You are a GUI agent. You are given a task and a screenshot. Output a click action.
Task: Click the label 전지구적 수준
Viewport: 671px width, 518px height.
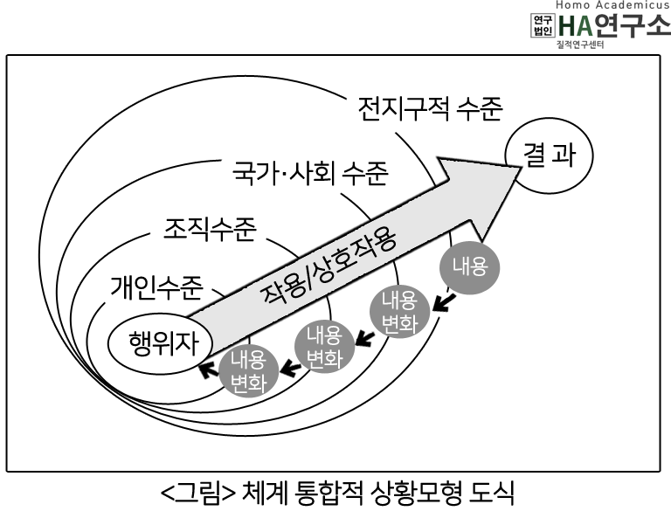pos(430,108)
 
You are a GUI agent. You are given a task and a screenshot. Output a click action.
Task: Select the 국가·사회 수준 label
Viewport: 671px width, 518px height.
pos(310,173)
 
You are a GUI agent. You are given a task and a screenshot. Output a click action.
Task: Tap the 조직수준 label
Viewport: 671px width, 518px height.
pos(210,229)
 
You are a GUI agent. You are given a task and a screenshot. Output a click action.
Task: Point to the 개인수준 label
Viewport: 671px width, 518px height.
pos(156,287)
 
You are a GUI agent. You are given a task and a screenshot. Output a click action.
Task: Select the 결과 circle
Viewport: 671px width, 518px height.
pos(549,155)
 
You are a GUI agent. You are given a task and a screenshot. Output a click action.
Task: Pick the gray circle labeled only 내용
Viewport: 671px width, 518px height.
pos(470,267)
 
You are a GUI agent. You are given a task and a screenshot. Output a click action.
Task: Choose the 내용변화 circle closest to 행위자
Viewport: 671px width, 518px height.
pos(249,371)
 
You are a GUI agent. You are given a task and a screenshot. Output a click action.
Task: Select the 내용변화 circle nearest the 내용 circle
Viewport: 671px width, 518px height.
pos(399,311)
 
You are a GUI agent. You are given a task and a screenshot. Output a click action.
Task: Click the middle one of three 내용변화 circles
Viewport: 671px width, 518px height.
pos(325,346)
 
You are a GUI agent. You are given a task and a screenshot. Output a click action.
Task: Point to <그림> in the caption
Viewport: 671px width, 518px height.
pos(198,494)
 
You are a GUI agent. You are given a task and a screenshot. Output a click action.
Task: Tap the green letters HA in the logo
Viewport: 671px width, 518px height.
pos(576,25)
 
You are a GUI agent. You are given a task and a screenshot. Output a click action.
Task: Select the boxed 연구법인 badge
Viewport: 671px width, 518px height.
pos(543,25)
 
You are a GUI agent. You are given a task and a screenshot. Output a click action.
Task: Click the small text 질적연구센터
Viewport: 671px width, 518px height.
pos(580,45)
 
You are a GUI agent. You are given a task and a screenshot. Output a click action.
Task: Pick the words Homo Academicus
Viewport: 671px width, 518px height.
pos(612,4)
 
